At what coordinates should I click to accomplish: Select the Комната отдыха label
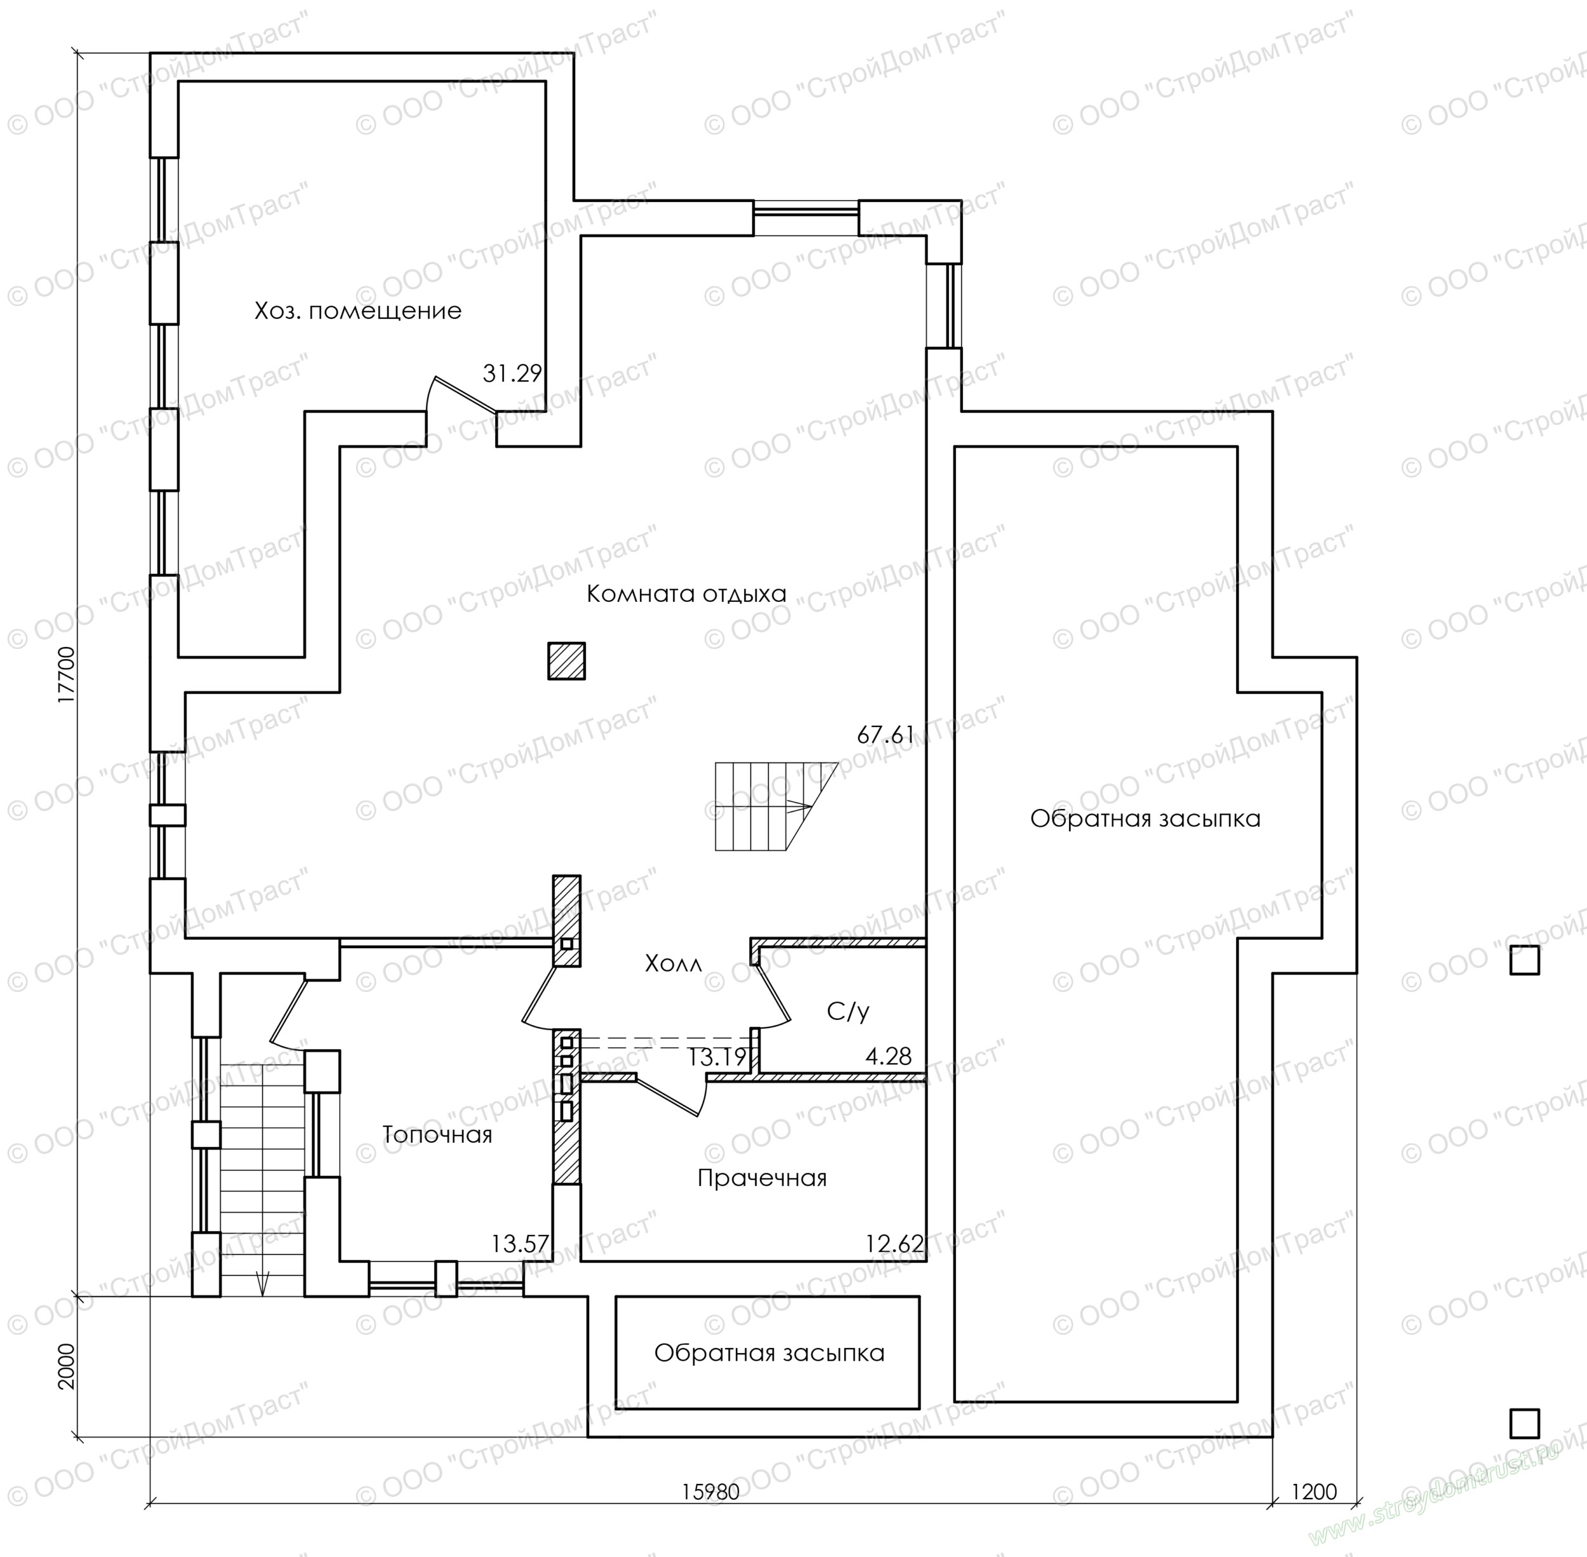pyautogui.click(x=686, y=594)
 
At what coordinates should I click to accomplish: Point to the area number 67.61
pyautogui.click(x=886, y=735)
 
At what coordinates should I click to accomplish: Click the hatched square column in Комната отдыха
pyautogui.click(x=567, y=661)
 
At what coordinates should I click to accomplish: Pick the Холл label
pyautogui.click(x=673, y=964)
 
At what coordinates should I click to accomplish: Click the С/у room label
pyautogui.click(x=848, y=1012)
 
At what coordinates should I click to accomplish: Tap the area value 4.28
pyautogui.click(x=889, y=1057)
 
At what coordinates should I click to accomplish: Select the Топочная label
pyautogui.click(x=437, y=1135)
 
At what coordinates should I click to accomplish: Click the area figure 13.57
pyautogui.click(x=520, y=1244)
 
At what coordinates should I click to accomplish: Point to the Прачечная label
pyautogui.click(x=762, y=1179)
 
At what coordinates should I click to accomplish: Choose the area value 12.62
pyautogui.click(x=894, y=1244)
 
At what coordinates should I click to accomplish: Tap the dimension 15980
pyautogui.click(x=710, y=1492)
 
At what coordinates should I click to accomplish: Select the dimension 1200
pyautogui.click(x=1314, y=1492)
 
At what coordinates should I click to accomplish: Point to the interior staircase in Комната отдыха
pyautogui.click(x=777, y=806)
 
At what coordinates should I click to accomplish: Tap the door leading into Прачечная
pyautogui.click(x=671, y=1096)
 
